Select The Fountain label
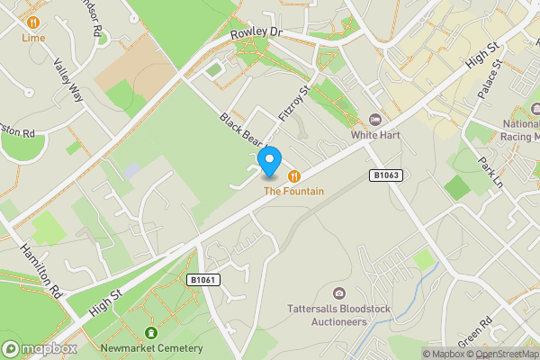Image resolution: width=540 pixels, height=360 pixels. [293, 191]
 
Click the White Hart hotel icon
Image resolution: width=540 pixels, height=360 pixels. [375, 121]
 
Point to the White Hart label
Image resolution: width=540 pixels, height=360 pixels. [375, 135]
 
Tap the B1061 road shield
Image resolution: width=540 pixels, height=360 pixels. [203, 281]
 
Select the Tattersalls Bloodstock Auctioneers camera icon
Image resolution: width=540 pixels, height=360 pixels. [338, 292]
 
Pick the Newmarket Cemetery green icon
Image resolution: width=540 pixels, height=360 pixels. [151, 333]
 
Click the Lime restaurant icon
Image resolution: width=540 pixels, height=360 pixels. [33, 22]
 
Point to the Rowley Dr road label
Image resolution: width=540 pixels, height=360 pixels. [256, 32]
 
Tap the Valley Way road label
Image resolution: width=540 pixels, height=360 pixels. [68, 80]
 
